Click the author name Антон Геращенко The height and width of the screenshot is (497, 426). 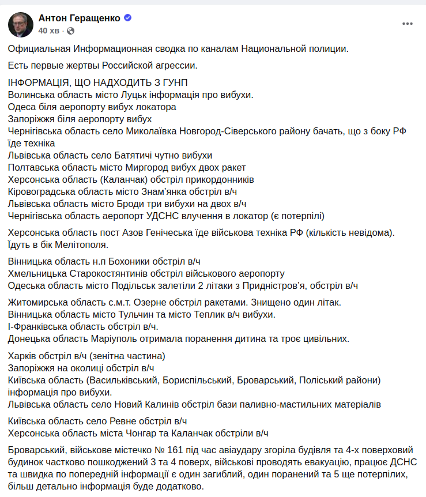click(x=79, y=18)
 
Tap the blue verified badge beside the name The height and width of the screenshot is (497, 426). click(x=128, y=18)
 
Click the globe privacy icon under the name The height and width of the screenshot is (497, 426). click(x=71, y=30)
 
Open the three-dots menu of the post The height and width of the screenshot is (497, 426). click(x=408, y=24)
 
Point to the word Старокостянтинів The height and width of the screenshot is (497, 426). click(x=116, y=273)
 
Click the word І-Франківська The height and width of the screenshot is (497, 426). click(x=36, y=326)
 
